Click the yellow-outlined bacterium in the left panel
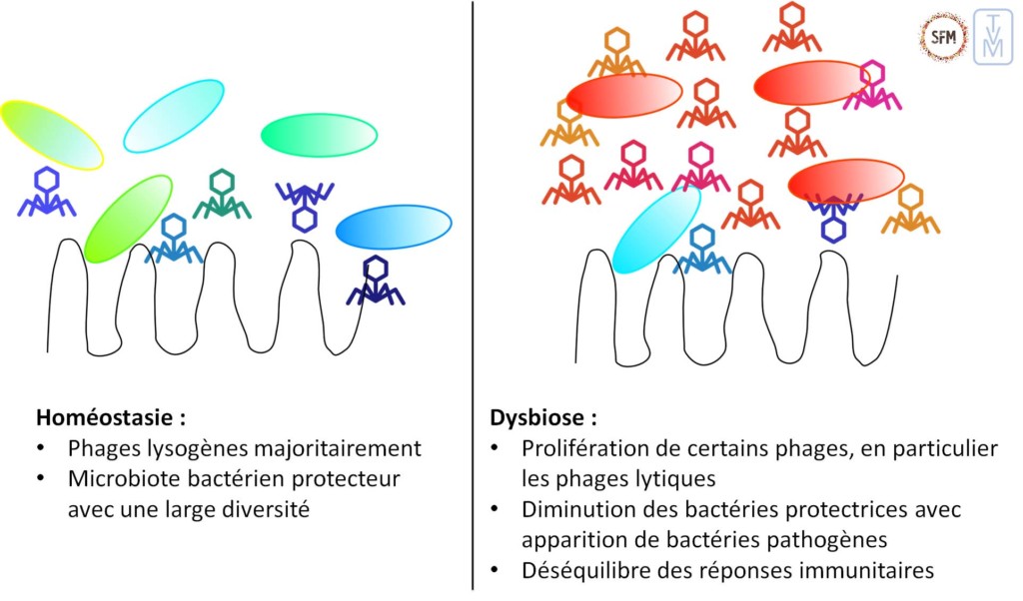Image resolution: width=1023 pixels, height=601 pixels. point(51,134)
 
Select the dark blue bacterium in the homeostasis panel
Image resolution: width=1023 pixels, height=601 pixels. point(394,227)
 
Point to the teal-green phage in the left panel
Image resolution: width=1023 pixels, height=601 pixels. point(221,195)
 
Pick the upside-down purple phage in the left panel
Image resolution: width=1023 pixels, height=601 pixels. point(305,203)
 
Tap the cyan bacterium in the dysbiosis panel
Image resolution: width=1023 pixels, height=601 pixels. point(655,229)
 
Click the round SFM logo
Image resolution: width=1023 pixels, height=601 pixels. point(943,38)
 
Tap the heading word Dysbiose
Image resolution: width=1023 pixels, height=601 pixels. point(529,416)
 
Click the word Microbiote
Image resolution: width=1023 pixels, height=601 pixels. point(117,478)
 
